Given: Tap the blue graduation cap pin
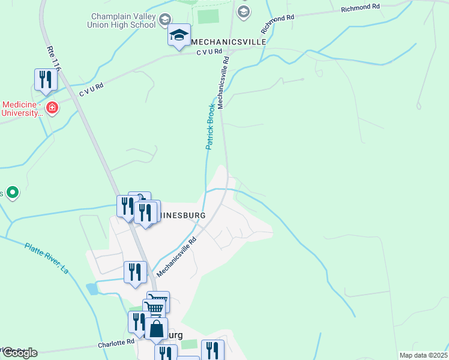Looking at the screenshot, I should click(179, 35).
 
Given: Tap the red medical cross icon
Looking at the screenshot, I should click(52, 108).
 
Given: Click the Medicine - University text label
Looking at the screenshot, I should click(21, 108).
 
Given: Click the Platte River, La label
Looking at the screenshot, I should click(47, 258).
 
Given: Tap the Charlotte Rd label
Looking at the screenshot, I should click(116, 343).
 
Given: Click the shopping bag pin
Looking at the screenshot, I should click(156, 329).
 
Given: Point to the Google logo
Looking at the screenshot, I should click(19, 353).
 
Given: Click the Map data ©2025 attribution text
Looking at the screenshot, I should click(424, 355).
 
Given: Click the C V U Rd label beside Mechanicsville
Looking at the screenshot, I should click(209, 53).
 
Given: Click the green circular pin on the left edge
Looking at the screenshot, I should click(12, 193).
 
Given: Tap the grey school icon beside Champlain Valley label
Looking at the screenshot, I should click(164, 22).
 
